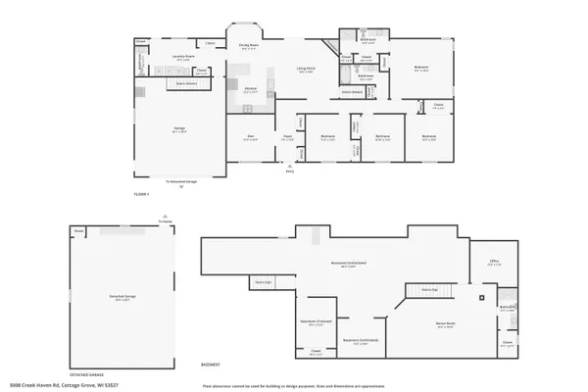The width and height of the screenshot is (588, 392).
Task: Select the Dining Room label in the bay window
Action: coord(249,45)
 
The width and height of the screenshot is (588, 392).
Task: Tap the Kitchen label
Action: coord(250,90)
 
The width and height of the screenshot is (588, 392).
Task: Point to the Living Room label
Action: coord(306,69)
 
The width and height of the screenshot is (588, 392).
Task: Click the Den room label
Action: coord(251,137)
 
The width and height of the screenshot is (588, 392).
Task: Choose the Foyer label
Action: coord(288,137)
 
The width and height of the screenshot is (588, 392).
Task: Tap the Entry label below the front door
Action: coord(289,171)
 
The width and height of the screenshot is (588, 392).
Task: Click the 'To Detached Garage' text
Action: coord(180,181)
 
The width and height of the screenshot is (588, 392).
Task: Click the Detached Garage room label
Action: coord(121,296)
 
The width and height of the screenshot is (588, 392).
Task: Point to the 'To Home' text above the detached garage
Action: coord(165,221)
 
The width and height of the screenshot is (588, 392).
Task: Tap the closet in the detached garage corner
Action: coord(79,231)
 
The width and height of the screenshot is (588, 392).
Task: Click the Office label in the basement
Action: coord(494,261)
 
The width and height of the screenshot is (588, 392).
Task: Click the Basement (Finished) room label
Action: coord(317,324)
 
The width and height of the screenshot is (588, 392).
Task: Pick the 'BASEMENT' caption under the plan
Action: coord(211,364)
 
